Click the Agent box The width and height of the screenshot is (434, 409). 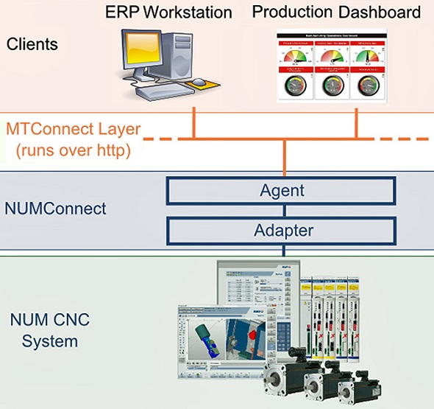282,191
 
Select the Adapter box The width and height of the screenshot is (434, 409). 282,230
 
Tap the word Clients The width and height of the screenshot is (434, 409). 32,44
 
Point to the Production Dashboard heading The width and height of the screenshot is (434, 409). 337,13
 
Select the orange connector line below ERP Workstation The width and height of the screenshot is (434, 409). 193,121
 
